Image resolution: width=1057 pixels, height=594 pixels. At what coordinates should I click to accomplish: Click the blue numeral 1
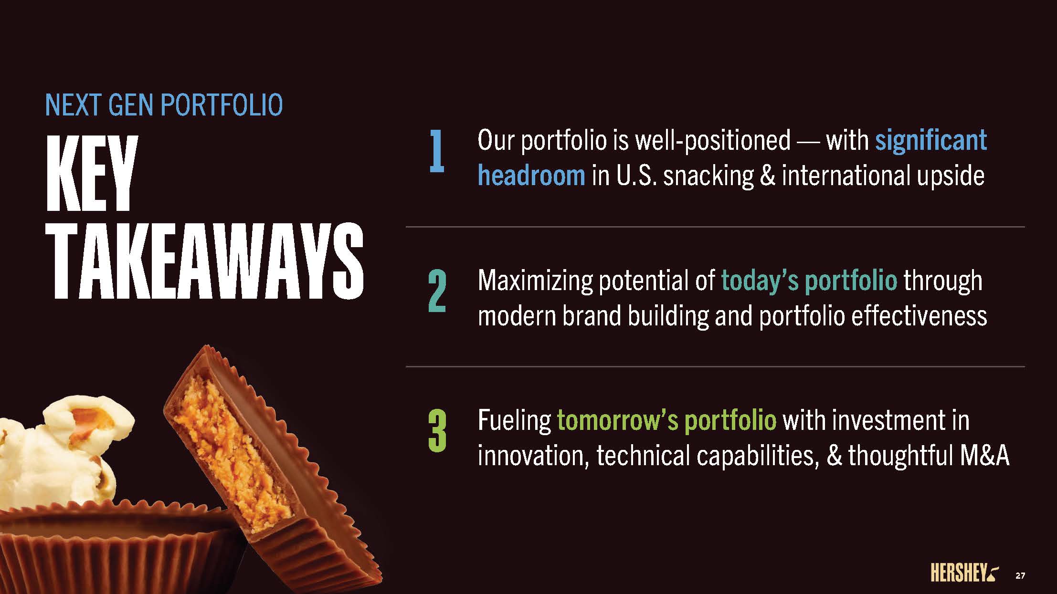pyautogui.click(x=437, y=152)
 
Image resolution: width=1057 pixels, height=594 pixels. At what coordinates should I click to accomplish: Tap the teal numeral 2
pyautogui.click(x=437, y=292)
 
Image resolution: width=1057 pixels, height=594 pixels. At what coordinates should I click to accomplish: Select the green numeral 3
pyautogui.click(x=437, y=432)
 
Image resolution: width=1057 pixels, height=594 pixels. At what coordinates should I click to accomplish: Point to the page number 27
pyautogui.click(x=1020, y=576)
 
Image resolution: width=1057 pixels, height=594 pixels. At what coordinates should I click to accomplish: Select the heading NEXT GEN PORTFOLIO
pyautogui.click(x=164, y=105)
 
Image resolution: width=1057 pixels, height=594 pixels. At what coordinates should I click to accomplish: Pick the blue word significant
pyautogui.click(x=931, y=141)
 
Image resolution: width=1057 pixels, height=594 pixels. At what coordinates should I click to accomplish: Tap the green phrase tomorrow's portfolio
pyautogui.click(x=666, y=421)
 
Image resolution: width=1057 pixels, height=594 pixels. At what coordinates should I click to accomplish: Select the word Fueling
pyautogui.click(x=514, y=421)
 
